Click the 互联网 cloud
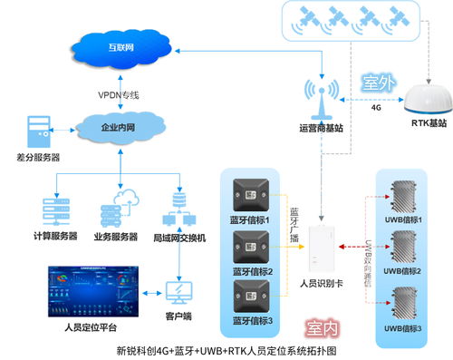pyautogui.click(x=119, y=45)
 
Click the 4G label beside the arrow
pyautogui.click(x=376, y=106)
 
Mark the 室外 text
pyautogui.click(x=381, y=82)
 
